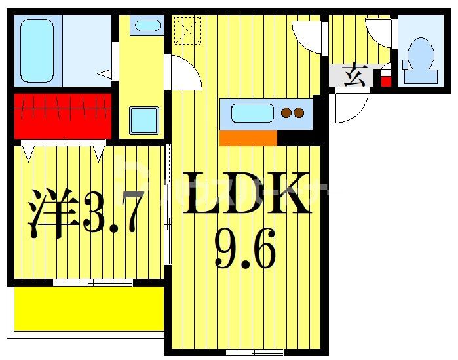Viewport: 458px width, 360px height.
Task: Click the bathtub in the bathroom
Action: (37, 50)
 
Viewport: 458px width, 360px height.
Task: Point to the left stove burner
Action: (286, 113)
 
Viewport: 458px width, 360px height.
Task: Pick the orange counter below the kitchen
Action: (248, 138)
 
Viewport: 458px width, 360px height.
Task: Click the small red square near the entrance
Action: (386, 82)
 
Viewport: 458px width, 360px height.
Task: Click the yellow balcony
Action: (88, 308)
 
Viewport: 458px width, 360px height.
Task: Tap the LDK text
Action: (246, 195)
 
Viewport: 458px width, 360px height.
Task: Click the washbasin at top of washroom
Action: (146, 26)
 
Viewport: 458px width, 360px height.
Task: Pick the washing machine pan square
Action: (143, 120)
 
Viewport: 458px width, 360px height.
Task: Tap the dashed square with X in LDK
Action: (187, 30)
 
